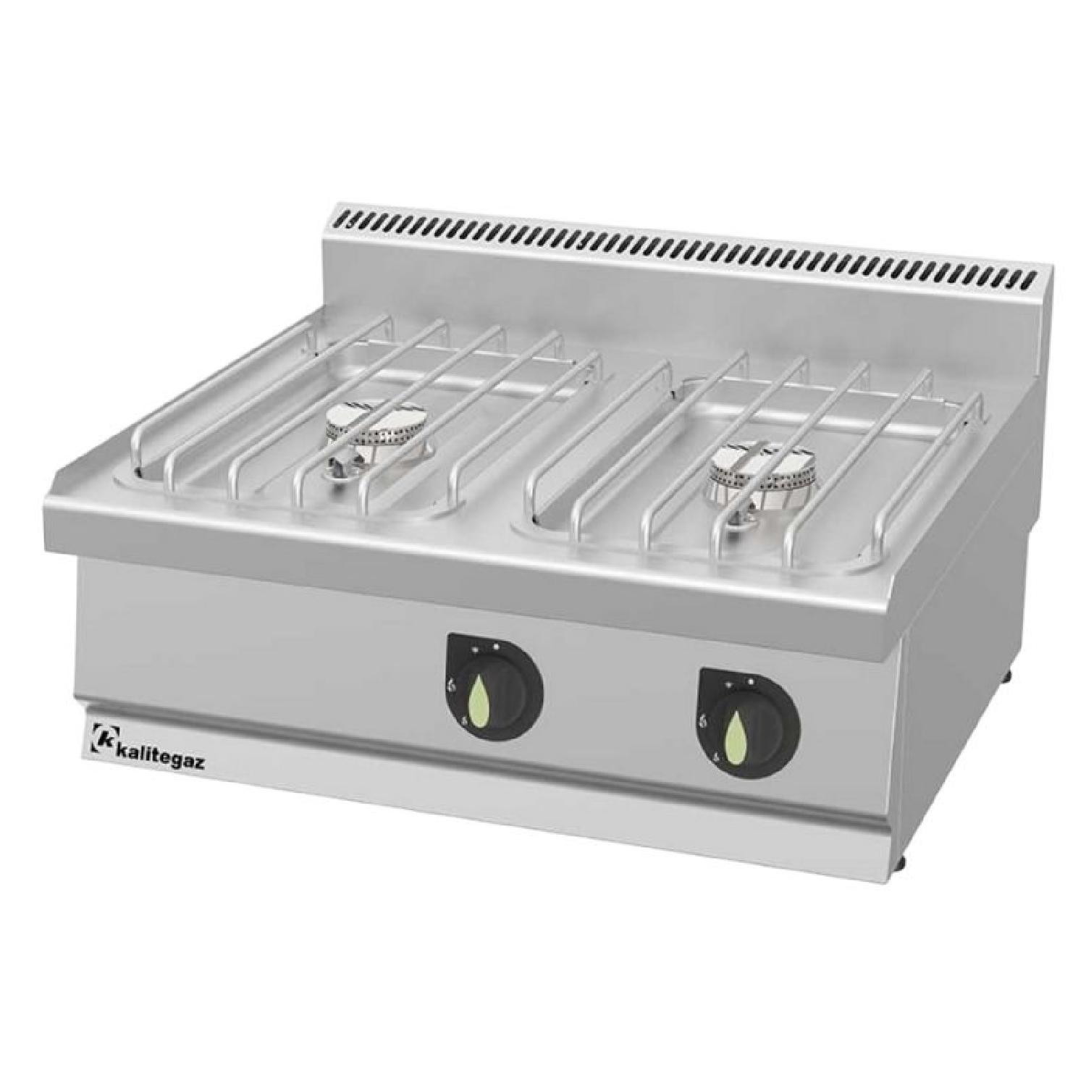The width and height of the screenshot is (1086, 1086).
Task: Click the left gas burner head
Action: point(376,429)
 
